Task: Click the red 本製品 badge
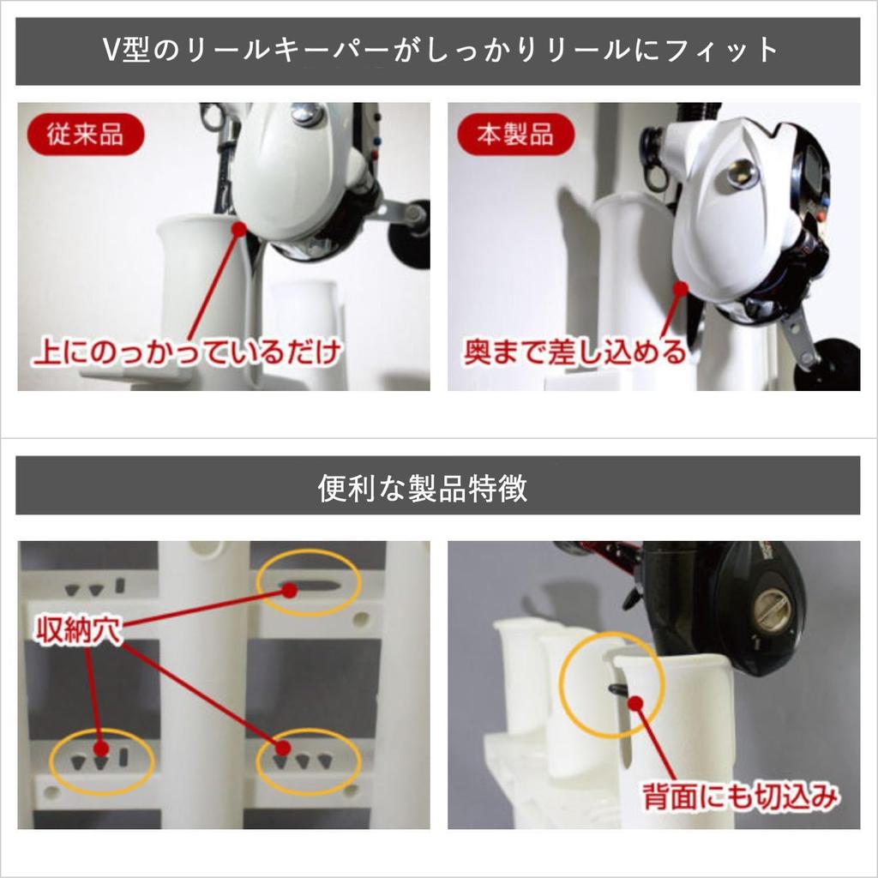(514, 135)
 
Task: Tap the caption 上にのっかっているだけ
(188, 352)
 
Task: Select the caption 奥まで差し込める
(575, 352)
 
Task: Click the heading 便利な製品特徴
(423, 487)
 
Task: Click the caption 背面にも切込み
(738, 798)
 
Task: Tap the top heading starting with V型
(438, 51)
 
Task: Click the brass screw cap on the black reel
(772, 610)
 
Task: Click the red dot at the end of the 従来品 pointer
(239, 228)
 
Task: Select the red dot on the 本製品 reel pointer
(681, 289)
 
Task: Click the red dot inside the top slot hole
(290, 590)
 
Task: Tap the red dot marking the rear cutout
(635, 703)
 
